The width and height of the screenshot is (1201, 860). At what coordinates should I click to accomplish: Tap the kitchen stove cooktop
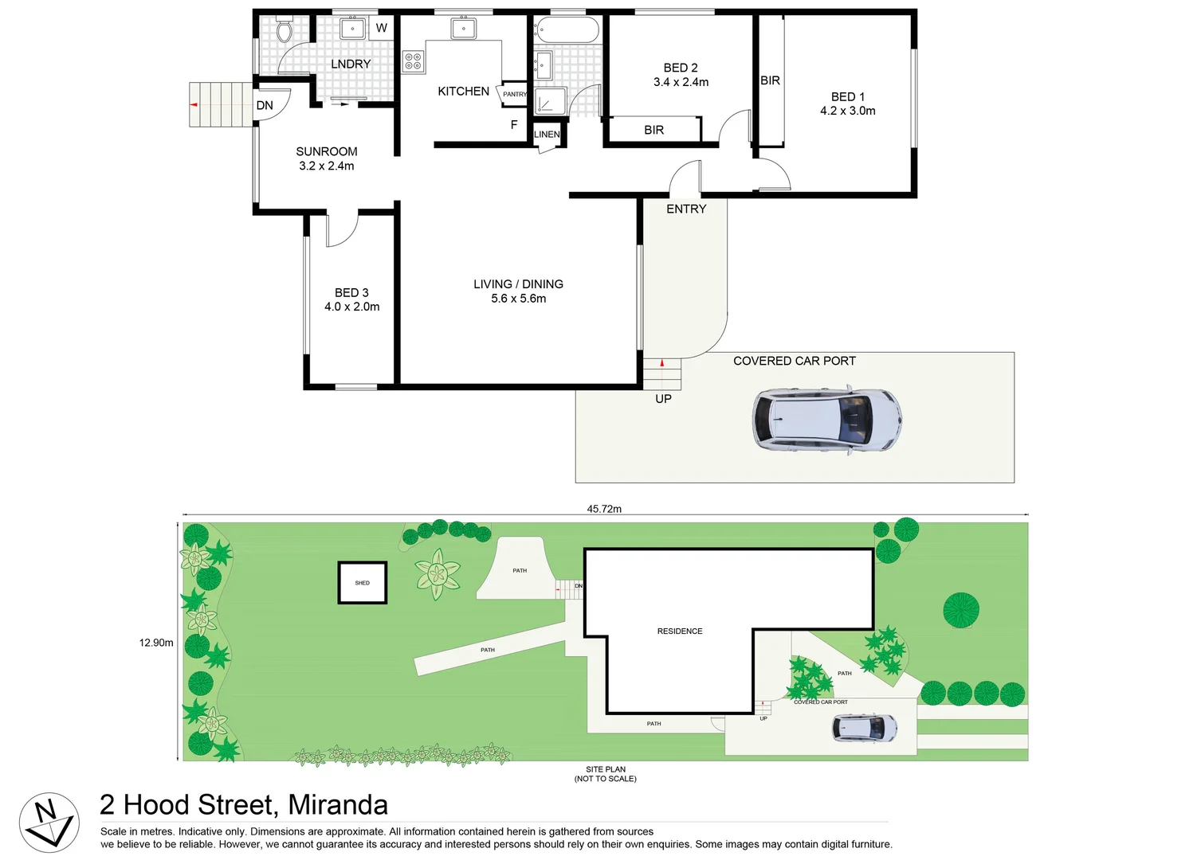(x=413, y=61)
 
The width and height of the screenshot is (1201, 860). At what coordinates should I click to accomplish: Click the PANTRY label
(x=515, y=94)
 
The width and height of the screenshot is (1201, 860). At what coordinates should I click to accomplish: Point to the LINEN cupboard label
(x=547, y=135)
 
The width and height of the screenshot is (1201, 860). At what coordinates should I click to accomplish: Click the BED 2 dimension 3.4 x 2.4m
(x=681, y=82)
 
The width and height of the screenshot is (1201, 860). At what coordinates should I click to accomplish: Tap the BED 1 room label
(x=847, y=96)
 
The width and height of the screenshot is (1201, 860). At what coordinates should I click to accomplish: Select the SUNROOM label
(x=326, y=151)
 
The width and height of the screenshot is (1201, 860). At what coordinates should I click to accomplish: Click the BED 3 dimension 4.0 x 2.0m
(x=351, y=307)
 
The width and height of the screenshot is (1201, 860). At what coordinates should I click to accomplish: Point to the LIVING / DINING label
(x=518, y=284)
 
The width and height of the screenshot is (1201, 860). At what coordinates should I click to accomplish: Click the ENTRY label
(x=686, y=209)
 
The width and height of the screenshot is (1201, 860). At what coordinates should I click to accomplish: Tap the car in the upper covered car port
(x=826, y=420)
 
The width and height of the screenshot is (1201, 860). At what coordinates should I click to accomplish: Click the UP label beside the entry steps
(x=663, y=399)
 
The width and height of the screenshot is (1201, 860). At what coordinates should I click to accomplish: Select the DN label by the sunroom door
(x=265, y=105)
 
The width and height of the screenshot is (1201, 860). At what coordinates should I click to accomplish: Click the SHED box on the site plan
(x=363, y=583)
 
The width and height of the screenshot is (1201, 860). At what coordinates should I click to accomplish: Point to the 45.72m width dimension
(x=604, y=509)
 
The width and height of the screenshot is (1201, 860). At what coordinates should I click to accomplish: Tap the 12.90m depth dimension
(x=156, y=643)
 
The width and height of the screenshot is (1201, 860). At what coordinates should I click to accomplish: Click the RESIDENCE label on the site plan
(x=680, y=631)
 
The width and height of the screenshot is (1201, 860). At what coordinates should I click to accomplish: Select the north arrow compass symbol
(x=49, y=823)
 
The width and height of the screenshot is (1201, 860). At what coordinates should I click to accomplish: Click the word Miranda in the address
(x=338, y=805)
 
